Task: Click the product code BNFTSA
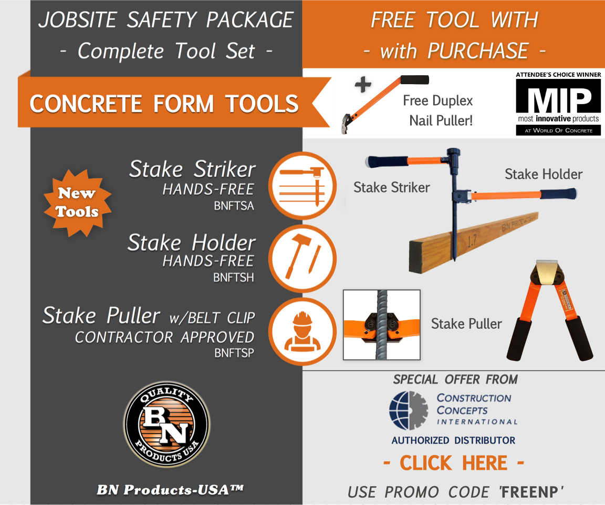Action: [x=234, y=206]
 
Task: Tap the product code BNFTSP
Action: [x=234, y=353]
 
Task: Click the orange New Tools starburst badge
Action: [x=77, y=203]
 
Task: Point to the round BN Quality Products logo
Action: [x=166, y=425]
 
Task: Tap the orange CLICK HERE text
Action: [x=454, y=463]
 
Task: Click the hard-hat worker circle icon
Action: [x=302, y=331]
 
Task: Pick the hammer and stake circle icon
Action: [x=302, y=258]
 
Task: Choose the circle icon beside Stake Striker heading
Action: [x=302, y=185]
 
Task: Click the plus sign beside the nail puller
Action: [x=363, y=86]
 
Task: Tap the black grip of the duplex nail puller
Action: [x=414, y=80]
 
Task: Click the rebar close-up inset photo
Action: [x=382, y=325]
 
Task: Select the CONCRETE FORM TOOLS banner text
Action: [x=164, y=103]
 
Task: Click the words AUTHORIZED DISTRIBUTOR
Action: [x=454, y=440]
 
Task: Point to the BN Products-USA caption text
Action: [x=170, y=490]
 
